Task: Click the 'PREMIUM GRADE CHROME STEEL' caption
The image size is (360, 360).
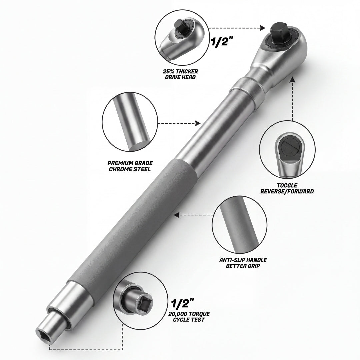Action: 130,166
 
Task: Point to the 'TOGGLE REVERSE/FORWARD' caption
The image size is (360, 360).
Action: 287,188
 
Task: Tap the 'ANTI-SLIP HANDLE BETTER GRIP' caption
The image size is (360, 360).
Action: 243,263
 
